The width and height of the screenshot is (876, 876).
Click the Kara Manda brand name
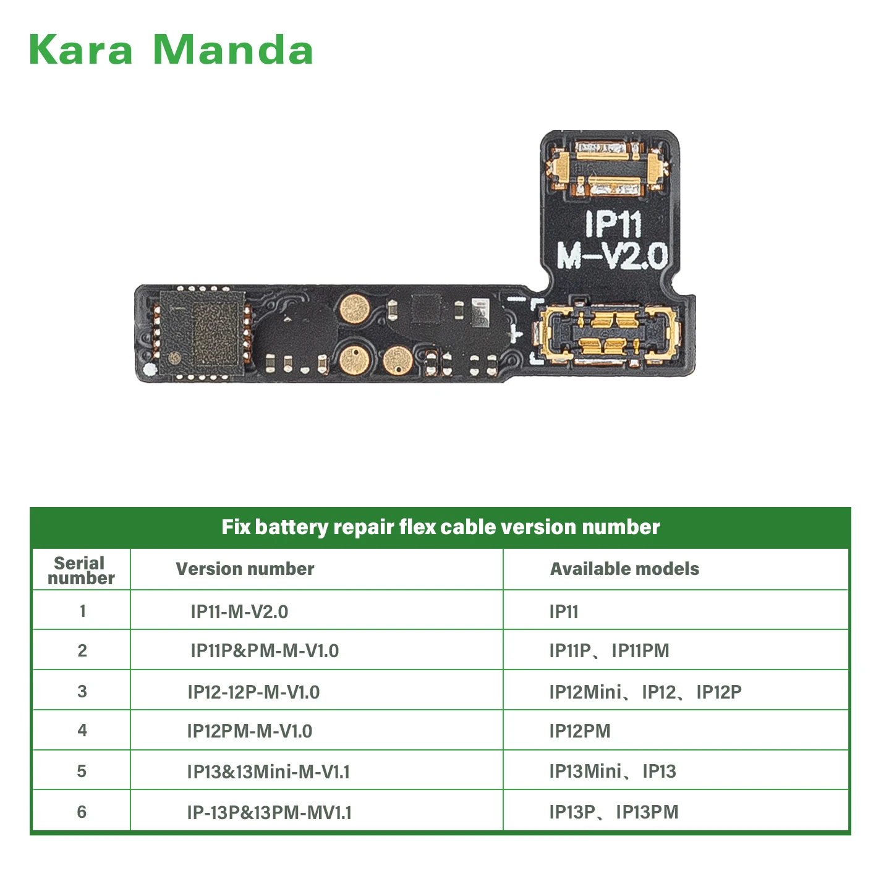(x=171, y=49)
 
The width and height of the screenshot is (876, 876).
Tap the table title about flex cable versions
(x=440, y=527)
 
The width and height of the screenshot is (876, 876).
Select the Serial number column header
(x=81, y=570)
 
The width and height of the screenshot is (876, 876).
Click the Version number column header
(x=245, y=569)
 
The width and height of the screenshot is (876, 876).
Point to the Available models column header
(x=624, y=569)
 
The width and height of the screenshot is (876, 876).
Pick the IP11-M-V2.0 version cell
(x=239, y=611)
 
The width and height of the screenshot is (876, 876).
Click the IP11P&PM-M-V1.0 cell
(x=265, y=650)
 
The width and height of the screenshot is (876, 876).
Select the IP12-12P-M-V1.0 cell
(x=253, y=692)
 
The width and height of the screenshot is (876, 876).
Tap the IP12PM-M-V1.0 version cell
(x=250, y=731)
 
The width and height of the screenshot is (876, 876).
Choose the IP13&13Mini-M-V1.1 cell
(x=268, y=772)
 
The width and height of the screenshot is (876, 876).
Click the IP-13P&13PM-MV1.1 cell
(x=270, y=812)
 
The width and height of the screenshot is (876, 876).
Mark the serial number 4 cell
(x=82, y=731)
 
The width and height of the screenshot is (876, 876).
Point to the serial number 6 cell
(x=82, y=812)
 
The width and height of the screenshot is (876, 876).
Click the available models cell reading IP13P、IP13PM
(x=614, y=812)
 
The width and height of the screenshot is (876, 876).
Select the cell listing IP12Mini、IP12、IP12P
(x=645, y=692)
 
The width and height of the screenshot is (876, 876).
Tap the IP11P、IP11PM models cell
(x=609, y=650)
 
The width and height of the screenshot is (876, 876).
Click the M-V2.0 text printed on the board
(x=612, y=255)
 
